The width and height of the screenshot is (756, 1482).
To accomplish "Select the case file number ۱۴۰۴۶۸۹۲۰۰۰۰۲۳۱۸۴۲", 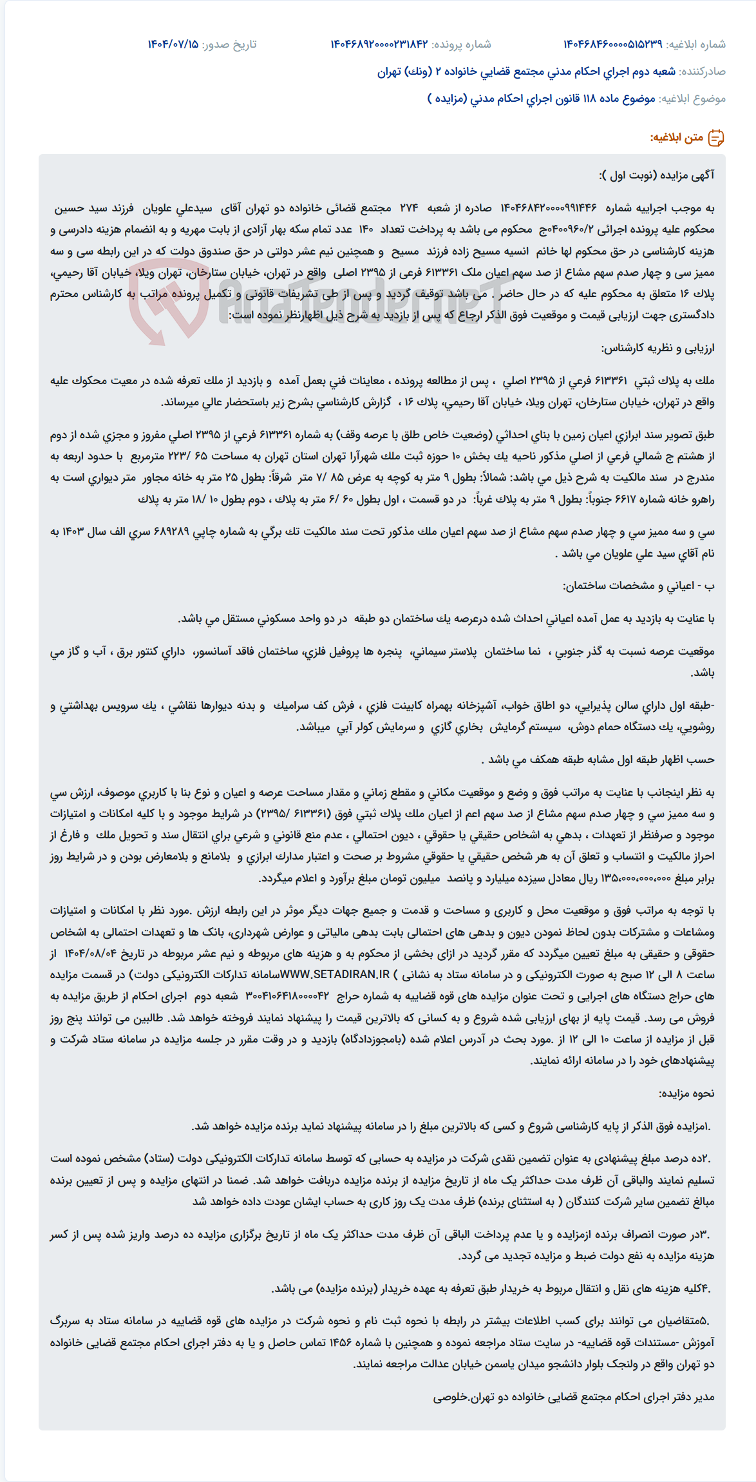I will (379, 44).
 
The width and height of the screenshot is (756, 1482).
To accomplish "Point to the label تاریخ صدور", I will (229, 44).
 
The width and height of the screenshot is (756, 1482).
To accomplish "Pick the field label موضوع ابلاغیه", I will (693, 99).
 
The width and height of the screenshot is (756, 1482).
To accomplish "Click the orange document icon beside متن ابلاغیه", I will (716, 138).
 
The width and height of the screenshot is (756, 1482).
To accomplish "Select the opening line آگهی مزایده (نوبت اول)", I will (657, 175).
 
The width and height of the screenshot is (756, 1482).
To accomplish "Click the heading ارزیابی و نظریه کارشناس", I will (657, 349).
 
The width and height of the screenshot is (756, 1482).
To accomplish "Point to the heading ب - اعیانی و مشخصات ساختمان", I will (639, 586).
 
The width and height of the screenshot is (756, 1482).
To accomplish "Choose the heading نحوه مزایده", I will (686, 1093).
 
